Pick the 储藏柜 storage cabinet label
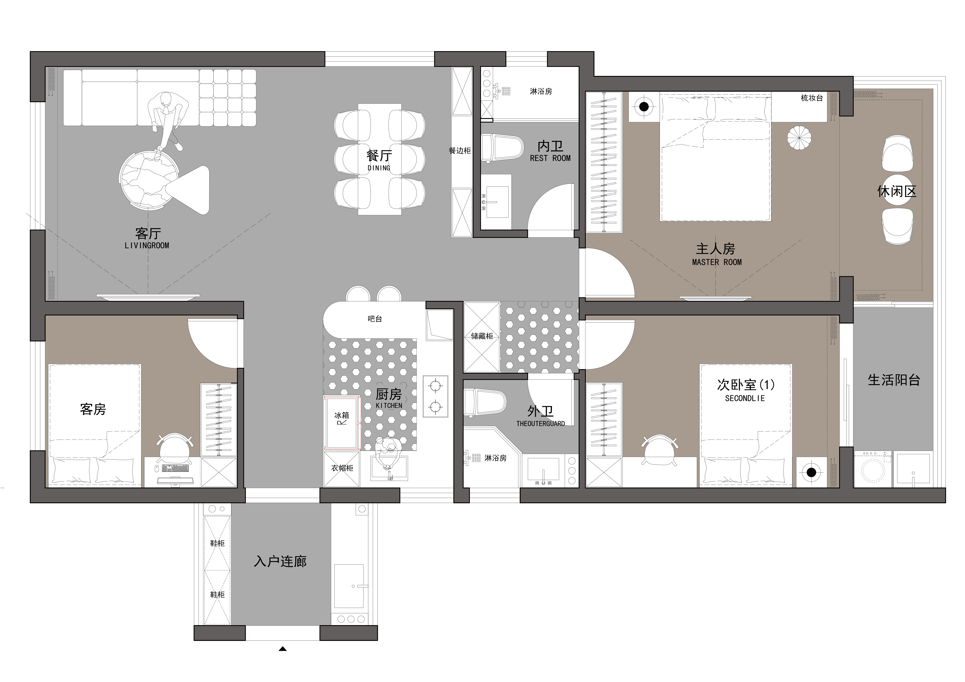482,336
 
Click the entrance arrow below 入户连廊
282,649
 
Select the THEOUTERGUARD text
540,424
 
